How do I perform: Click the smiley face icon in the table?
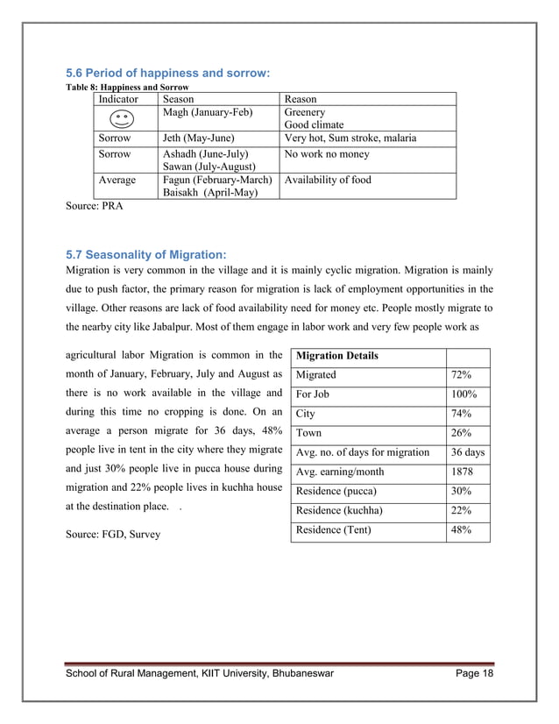pyautogui.click(x=123, y=119)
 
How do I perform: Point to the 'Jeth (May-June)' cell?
pyautogui.click(x=196, y=138)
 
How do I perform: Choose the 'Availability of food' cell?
pyautogui.click(x=328, y=181)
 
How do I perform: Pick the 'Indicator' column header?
pyautogui.click(x=121, y=100)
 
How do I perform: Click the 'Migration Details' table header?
pyautogui.click(x=337, y=357)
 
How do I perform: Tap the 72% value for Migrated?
pyautogui.click(x=461, y=375)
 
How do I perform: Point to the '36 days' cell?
pyautogui.click(x=467, y=452)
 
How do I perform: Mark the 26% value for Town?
pyautogui.click(x=461, y=433)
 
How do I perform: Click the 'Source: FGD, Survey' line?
pyautogui.click(x=113, y=533)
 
